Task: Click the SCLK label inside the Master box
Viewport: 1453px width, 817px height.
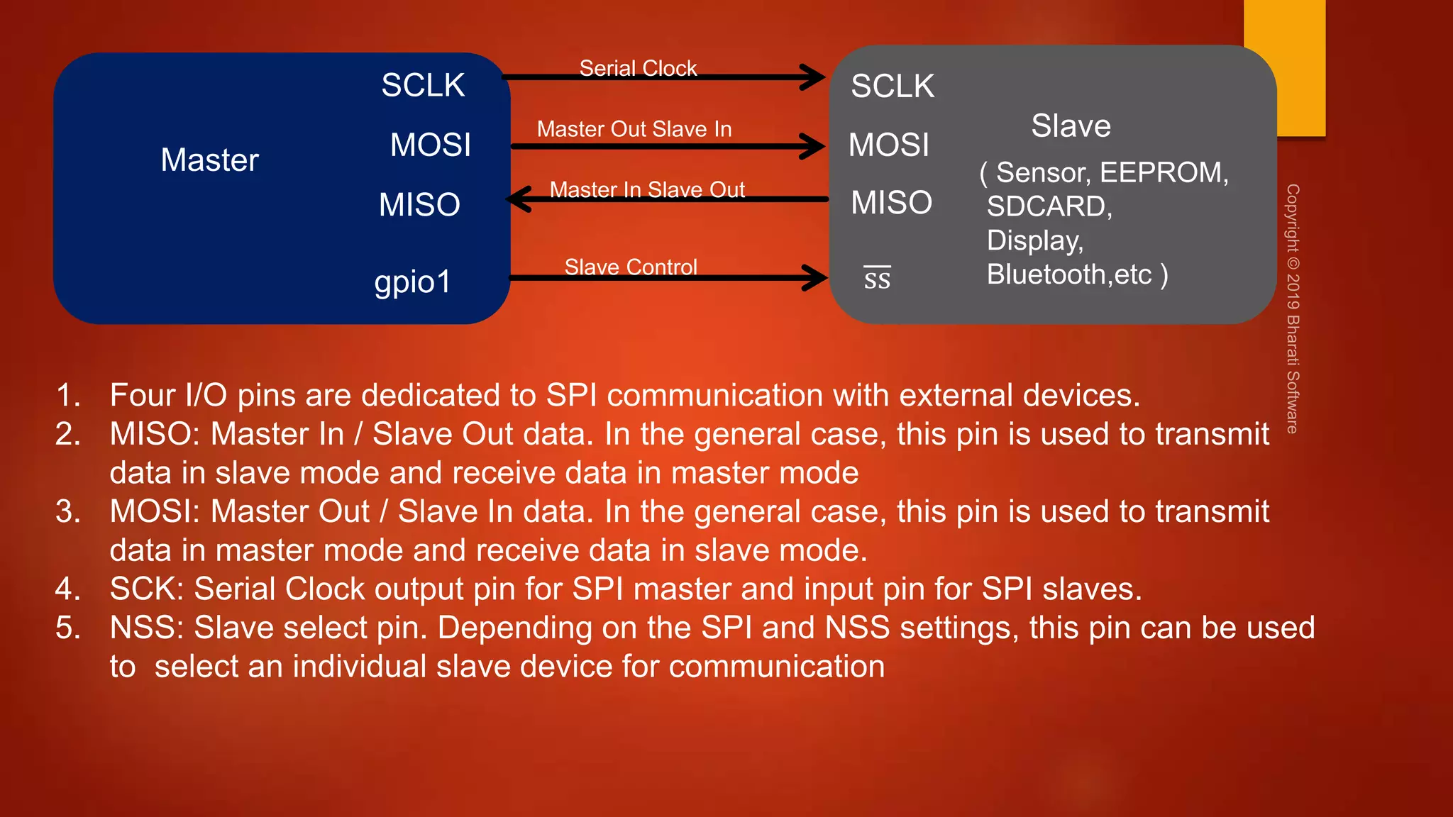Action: coord(423,86)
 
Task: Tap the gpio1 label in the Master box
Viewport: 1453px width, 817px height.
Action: coord(412,282)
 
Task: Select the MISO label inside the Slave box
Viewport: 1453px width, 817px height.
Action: coord(891,203)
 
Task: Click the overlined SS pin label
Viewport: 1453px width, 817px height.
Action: coord(877,278)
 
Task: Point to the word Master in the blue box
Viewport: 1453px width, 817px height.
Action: coord(209,160)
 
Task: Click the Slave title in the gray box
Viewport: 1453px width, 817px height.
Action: coord(1071,126)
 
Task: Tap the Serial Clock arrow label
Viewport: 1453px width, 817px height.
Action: coord(638,68)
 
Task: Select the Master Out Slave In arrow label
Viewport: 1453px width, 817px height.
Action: coord(634,129)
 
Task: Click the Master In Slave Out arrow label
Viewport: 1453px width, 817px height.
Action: coord(647,189)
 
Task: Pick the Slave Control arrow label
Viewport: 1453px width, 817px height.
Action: coord(631,267)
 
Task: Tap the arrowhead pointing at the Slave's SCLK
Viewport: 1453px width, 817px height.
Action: coord(812,77)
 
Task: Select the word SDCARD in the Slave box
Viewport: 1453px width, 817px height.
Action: coord(1049,206)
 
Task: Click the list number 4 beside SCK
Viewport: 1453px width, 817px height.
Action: coord(67,589)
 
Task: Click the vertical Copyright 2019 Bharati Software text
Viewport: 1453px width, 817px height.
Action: coord(1293,309)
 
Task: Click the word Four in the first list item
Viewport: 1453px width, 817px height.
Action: coord(142,396)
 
